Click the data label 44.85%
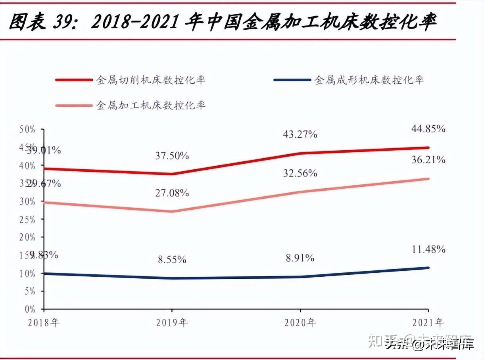[x=428, y=129]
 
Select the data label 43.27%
[x=300, y=134]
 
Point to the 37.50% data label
[x=172, y=156]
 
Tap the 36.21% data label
[x=428, y=160]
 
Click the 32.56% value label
[x=300, y=173]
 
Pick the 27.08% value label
[x=172, y=193]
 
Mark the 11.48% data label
[x=428, y=249]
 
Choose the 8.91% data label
[x=300, y=258]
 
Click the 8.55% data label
[x=172, y=260]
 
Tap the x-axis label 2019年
[x=172, y=322]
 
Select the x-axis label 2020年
[x=300, y=322]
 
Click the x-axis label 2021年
[x=428, y=322]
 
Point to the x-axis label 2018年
[x=44, y=322]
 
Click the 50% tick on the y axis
[x=27, y=129]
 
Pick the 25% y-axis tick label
[x=27, y=219]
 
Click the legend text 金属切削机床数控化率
[x=151, y=80]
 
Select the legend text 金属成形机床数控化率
[x=369, y=80]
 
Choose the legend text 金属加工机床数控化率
[x=151, y=105]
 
